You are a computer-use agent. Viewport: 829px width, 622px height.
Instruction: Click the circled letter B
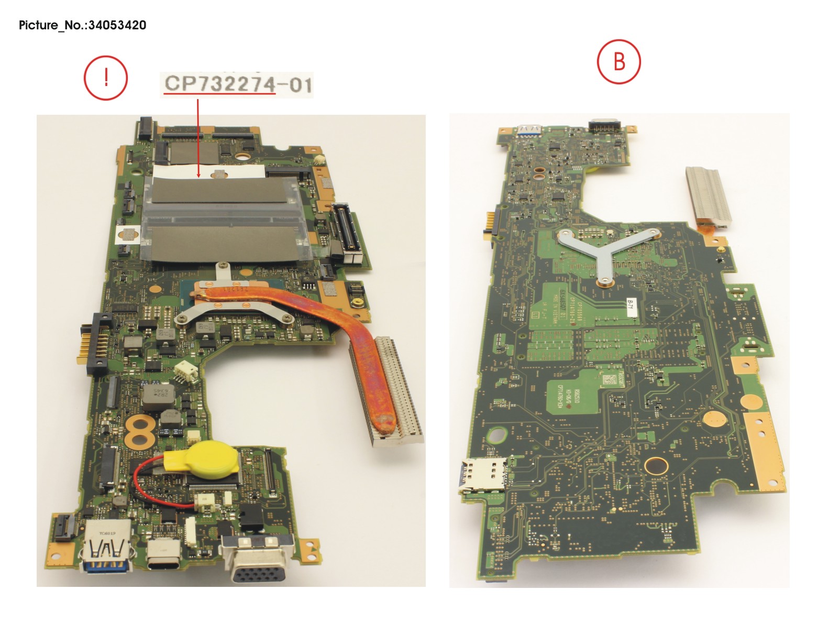(x=618, y=61)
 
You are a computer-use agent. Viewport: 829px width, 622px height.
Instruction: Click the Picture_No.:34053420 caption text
(x=82, y=25)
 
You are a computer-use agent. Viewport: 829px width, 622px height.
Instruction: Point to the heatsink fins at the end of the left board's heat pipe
(x=390, y=393)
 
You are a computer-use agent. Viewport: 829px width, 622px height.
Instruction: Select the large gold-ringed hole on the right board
(x=656, y=465)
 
